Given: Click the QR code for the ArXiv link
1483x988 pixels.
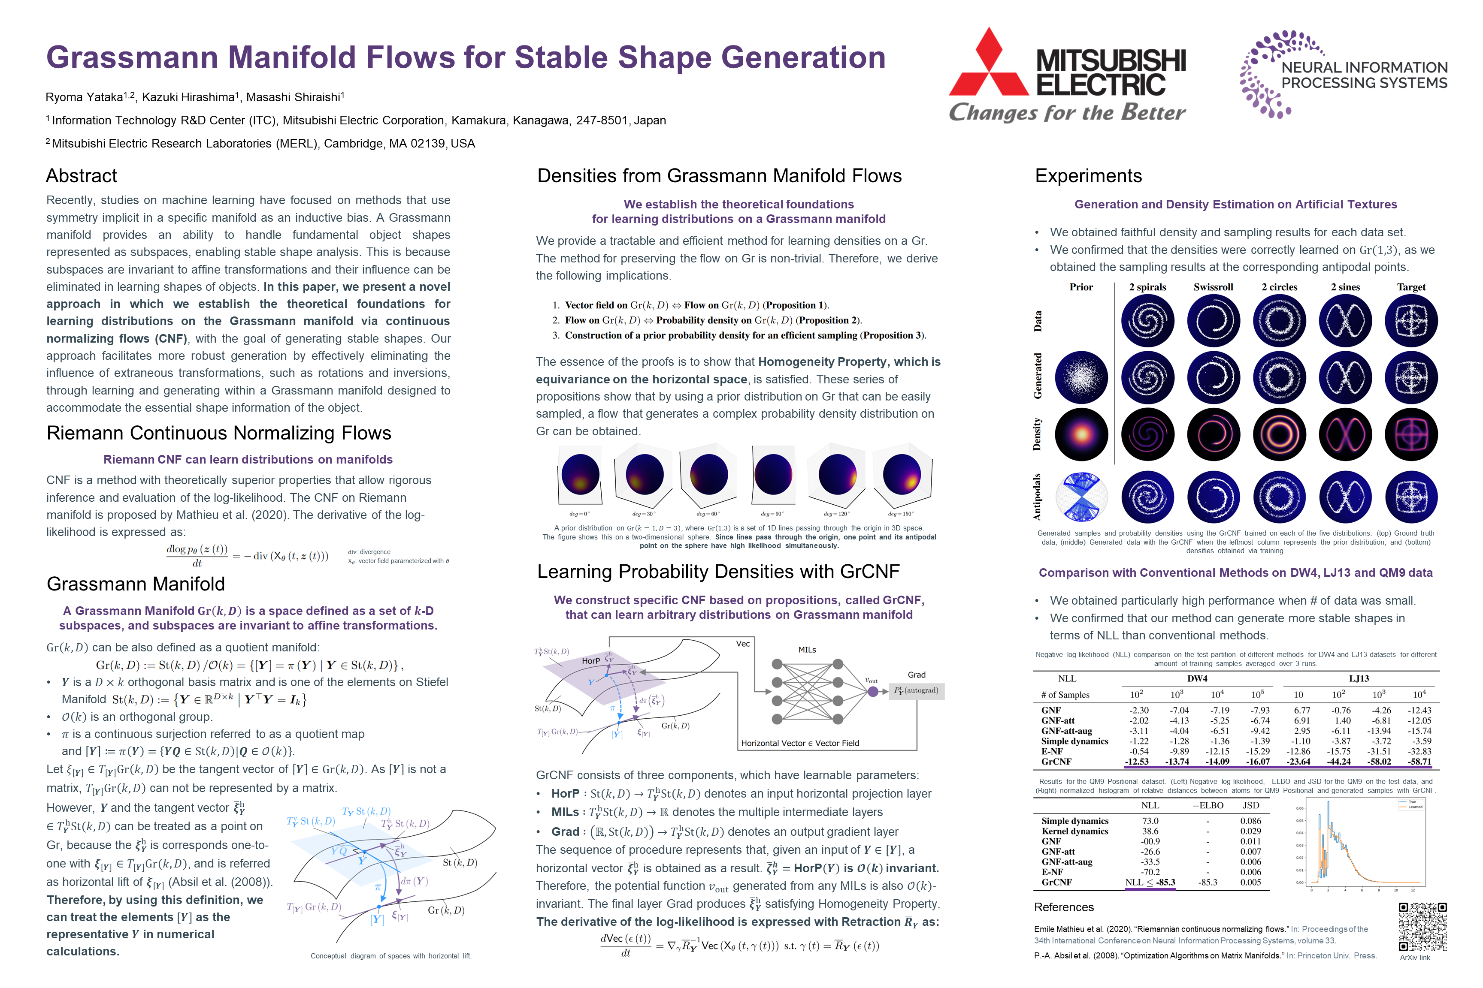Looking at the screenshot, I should [1422, 927].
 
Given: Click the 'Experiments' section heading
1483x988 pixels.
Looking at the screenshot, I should [1088, 176].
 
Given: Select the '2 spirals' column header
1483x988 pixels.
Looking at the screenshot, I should [1147, 287].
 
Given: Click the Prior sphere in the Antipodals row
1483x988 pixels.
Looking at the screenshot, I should [1081, 497].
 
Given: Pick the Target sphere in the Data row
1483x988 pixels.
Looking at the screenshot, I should [1411, 321].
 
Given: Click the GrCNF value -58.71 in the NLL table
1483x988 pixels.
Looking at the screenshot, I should [1419, 762].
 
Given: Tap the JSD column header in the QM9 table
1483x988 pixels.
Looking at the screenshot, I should [1250, 805].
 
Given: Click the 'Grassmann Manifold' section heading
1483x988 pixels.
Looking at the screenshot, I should [136, 584].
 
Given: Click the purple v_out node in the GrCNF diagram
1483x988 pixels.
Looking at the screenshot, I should [873, 691].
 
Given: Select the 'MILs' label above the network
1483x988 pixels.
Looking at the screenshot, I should [807, 650].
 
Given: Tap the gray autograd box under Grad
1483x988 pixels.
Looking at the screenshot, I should [916, 690].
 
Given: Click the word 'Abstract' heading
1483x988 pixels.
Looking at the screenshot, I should [82, 176].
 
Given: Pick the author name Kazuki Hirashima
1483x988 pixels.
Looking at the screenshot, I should [188, 97].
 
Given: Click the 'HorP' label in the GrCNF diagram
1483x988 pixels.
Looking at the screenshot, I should [591, 661].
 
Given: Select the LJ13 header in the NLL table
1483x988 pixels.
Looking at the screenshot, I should [1359, 679].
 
